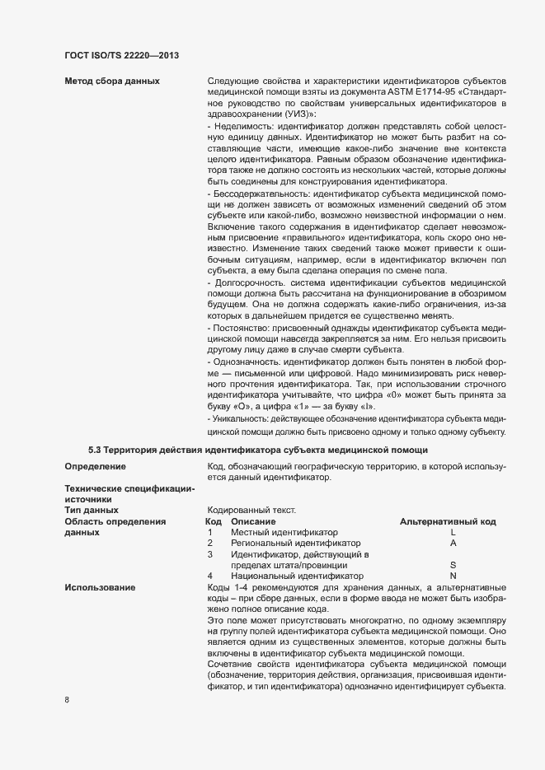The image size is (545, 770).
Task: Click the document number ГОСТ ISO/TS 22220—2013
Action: (122, 55)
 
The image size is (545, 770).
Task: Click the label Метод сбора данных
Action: (112, 81)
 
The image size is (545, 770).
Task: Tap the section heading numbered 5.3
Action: (258, 450)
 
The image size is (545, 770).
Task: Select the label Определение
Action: (95, 467)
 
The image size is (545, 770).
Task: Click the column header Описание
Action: (253, 522)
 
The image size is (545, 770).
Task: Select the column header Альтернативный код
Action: (447, 522)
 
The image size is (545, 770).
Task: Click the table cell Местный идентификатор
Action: (284, 533)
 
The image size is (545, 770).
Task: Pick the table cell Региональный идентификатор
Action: (296, 544)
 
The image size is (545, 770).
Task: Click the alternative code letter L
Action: (453, 533)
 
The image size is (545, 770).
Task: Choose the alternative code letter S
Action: (453, 565)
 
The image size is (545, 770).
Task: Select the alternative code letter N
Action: (453, 576)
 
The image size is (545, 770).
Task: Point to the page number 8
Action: (67, 701)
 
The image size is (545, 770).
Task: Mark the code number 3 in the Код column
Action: (210, 554)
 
